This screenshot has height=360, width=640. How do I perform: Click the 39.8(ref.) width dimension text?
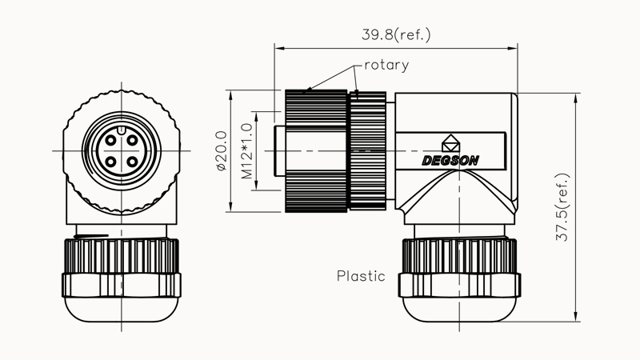point(396,34)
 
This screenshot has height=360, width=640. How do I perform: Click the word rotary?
point(386,65)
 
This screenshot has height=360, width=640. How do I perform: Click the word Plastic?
point(361,277)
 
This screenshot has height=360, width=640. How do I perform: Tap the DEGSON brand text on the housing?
point(450,160)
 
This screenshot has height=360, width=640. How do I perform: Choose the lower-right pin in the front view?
point(130,162)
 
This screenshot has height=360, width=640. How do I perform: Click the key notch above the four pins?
point(120,130)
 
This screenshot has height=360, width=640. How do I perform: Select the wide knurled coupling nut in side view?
point(316,151)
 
